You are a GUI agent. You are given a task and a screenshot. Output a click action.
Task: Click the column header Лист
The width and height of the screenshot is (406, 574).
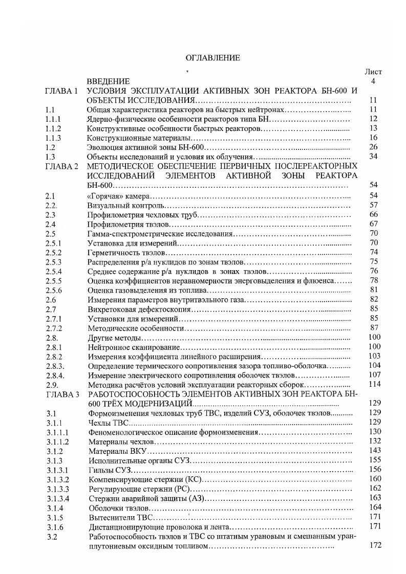[x=373, y=72]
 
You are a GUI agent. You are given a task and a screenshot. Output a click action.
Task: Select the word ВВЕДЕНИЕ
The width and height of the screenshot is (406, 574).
[x=109, y=81]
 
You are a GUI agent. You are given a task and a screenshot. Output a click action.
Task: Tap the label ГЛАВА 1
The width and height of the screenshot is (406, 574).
[x=61, y=91]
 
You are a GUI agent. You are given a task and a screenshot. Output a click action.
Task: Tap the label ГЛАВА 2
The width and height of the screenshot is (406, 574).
[x=61, y=166]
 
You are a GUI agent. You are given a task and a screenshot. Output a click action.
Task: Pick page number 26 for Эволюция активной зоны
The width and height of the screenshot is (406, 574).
[x=373, y=147]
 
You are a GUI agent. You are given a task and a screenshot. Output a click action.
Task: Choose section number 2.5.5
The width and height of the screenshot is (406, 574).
[x=53, y=281]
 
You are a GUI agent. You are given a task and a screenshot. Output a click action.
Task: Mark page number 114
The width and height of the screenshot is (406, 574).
[x=375, y=385]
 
